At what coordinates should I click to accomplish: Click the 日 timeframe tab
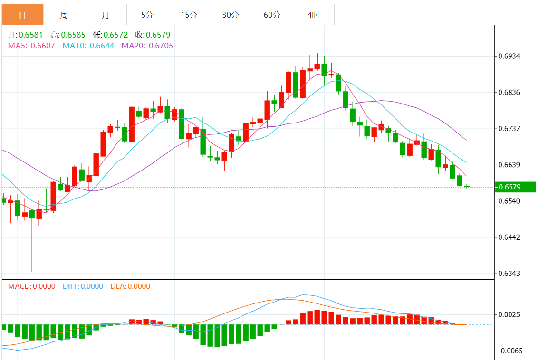[22, 15]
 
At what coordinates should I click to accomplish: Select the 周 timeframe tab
[64, 15]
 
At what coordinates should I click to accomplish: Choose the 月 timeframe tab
[106, 15]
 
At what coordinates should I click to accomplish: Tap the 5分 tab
[147, 15]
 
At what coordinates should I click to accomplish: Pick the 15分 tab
[189, 15]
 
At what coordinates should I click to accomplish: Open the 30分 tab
[231, 15]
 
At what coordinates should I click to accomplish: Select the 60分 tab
[272, 15]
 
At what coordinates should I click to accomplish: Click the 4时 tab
[314, 15]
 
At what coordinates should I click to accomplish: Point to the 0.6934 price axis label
[510, 56]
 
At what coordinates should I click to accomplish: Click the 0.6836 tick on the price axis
[510, 92]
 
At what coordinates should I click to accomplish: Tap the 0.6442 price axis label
[510, 237]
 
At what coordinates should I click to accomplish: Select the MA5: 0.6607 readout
[31, 46]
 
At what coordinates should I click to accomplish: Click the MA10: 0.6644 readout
[88, 46]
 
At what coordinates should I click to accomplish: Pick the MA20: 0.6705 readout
[147, 46]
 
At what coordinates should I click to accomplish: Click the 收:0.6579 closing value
[153, 35]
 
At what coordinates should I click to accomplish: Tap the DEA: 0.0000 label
[130, 286]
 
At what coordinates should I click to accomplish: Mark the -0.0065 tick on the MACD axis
[510, 351]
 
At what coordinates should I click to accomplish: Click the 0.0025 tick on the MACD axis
[510, 314]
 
